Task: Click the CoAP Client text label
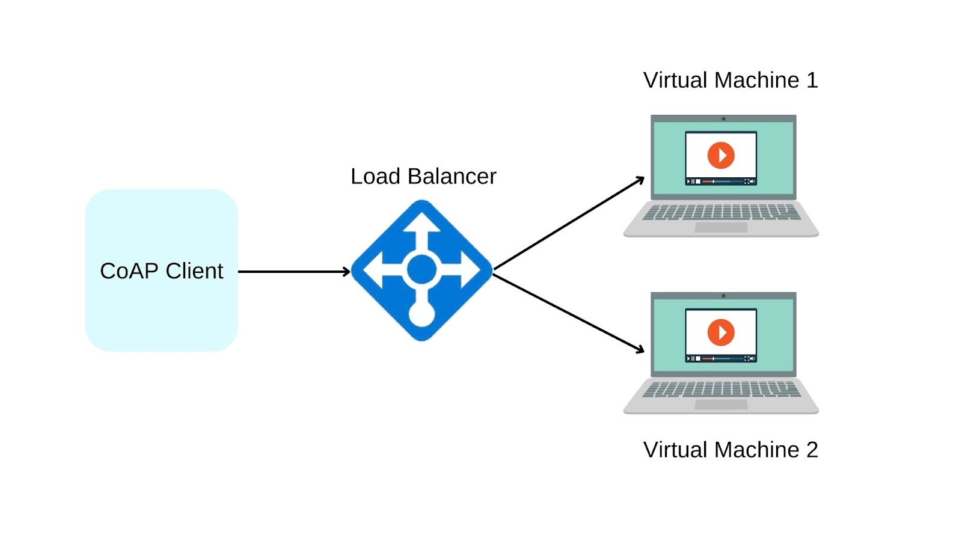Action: point(161,271)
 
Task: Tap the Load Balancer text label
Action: point(423,177)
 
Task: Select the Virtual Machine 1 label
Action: point(730,81)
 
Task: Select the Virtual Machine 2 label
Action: point(730,450)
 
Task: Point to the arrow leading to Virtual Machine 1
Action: point(568,223)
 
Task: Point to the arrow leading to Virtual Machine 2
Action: point(568,312)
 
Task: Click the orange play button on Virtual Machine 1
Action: point(721,156)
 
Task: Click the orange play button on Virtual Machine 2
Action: point(721,332)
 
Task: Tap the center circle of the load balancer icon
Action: point(421,269)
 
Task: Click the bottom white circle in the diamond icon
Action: point(421,314)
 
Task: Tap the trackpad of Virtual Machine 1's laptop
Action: point(721,228)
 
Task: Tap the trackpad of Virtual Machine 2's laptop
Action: point(721,405)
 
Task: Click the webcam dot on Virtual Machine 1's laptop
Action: point(723,118)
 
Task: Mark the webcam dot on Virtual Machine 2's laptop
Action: point(723,296)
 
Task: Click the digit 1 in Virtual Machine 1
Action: point(812,81)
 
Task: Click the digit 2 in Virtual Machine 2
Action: point(812,450)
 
